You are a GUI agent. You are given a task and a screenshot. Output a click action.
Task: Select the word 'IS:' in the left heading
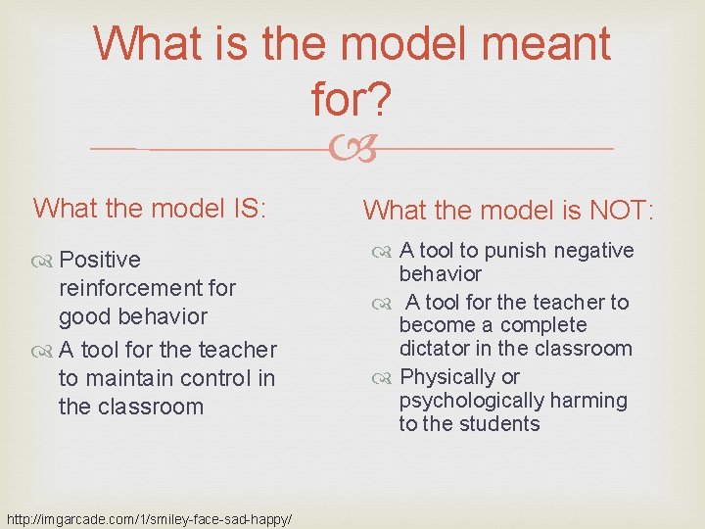[253, 208]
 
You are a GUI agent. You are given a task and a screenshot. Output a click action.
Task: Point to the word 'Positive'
[100, 260]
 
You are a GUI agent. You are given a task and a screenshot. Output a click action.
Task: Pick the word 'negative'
[590, 251]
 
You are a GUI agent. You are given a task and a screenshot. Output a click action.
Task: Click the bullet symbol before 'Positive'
[44, 261]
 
